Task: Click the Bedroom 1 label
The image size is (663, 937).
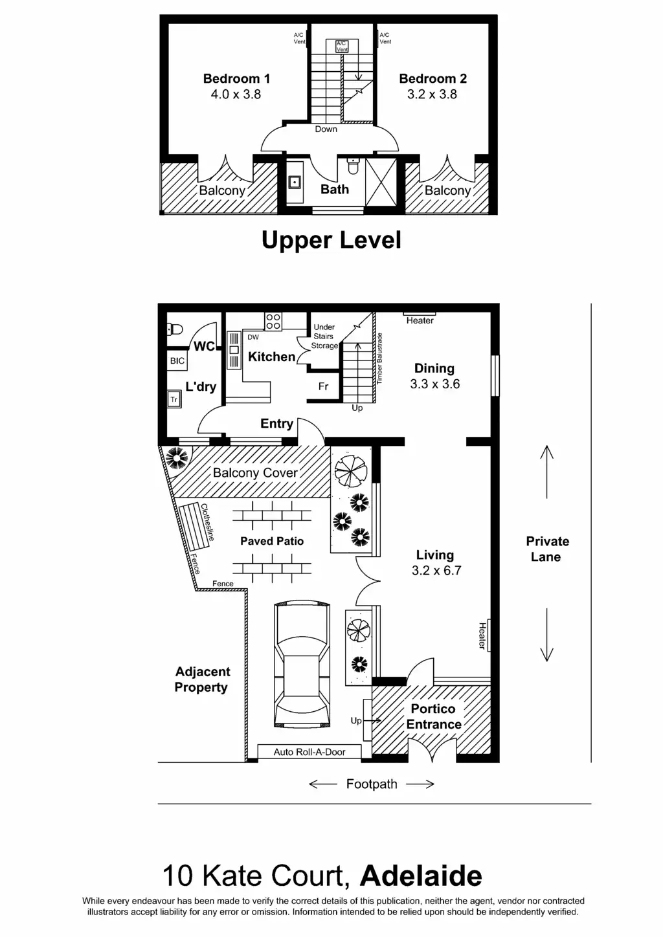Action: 236,79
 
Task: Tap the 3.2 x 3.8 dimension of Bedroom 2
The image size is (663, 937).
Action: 432,94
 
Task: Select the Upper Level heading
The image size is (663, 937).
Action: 331,240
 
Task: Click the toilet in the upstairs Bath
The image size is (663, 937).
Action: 353,166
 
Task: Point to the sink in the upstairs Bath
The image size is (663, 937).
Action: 295,182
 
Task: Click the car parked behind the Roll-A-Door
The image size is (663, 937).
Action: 302,665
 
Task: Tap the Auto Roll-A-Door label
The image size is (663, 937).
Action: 309,752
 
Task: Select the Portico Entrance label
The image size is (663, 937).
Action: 433,716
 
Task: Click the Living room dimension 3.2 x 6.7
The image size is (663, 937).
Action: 436,571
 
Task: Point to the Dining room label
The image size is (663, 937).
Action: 434,368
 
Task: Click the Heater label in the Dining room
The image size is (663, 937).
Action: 420,320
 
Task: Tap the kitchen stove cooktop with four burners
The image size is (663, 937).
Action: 273,322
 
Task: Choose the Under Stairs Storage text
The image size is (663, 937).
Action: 324,336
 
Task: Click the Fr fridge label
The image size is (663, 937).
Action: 323,386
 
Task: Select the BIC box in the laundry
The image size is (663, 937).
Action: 177,361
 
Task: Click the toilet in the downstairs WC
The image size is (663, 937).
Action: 175,329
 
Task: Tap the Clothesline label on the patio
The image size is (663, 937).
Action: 207,522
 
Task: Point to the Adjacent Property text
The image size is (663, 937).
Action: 202,679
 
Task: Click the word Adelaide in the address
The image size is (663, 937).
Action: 421,876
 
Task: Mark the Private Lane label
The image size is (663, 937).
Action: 547,549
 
